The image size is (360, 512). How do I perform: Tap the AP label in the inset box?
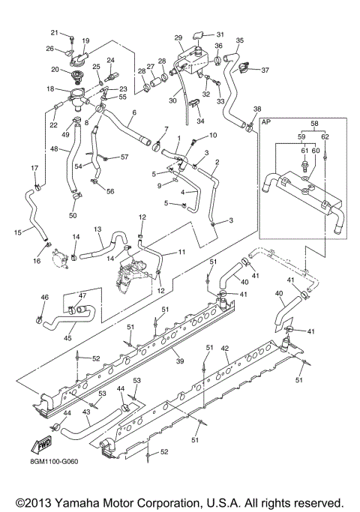point(265,120)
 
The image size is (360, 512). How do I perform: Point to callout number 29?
point(178,37)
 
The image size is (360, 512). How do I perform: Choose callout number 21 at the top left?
point(54,32)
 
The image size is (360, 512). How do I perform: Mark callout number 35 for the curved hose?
point(240,40)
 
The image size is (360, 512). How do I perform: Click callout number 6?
point(133,113)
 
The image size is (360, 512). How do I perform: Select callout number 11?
point(181,253)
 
